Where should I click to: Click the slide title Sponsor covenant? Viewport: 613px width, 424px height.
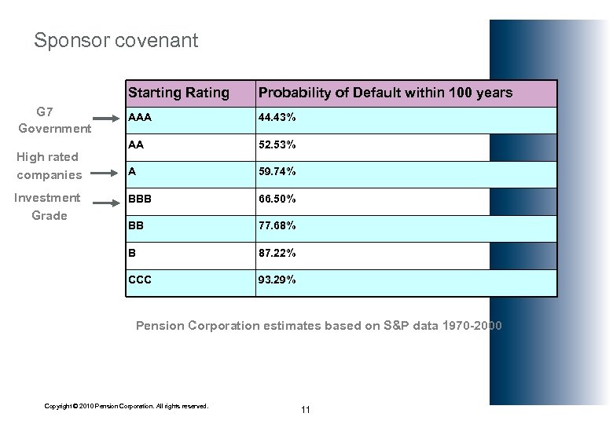point(116,40)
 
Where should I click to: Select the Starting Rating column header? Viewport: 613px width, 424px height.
point(178,93)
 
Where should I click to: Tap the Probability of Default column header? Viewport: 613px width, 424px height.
point(385,93)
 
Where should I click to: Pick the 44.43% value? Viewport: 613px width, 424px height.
point(277,117)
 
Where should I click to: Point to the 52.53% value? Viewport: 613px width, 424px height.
point(277,144)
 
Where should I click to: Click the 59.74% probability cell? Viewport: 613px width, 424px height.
point(277,171)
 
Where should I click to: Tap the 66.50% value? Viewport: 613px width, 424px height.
point(277,199)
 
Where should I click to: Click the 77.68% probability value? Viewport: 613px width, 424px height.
point(277,226)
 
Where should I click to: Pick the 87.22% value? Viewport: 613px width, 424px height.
point(277,253)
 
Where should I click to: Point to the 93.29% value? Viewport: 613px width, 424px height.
point(277,280)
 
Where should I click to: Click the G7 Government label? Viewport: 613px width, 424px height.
point(54,119)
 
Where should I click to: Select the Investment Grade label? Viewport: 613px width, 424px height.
point(48,207)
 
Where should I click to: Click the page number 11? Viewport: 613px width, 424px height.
point(306,410)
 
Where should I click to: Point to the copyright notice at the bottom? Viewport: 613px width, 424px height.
point(127,406)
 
